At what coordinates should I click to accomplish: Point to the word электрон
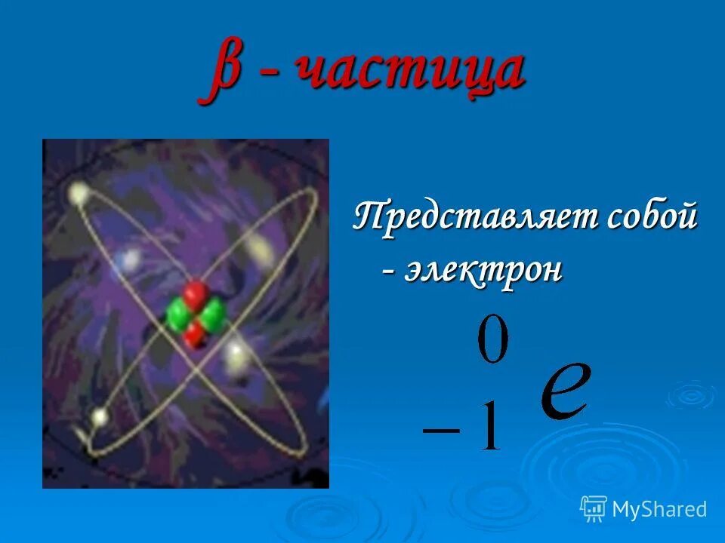click(483, 271)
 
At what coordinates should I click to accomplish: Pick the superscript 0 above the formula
click(492, 342)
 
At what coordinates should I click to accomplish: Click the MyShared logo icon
click(594, 508)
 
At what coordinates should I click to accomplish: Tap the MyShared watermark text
click(659, 509)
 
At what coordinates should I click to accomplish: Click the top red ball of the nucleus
click(195, 293)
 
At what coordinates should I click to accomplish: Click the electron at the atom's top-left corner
click(78, 194)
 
